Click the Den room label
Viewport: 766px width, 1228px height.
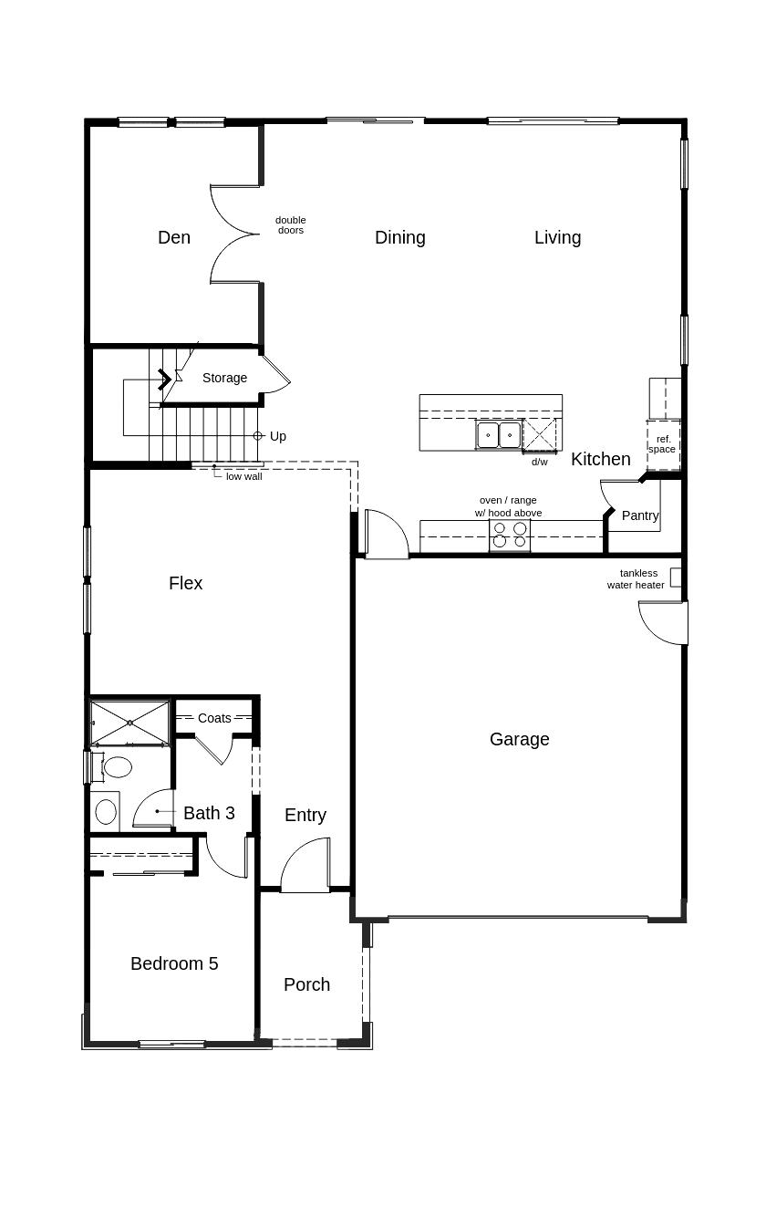174,237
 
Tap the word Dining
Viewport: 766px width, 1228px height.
400,238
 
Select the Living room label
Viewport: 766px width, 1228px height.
558,238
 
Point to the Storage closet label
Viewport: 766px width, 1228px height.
224,378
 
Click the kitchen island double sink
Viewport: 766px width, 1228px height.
499,435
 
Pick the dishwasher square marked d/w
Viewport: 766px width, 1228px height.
540,435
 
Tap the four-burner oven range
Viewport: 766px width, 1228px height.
510,535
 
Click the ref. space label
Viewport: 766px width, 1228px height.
662,444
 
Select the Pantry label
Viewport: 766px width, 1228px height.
640,515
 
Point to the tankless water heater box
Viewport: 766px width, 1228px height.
676,578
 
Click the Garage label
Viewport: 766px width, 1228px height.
520,740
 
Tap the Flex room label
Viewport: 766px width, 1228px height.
186,583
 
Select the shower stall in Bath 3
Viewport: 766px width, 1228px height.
129,723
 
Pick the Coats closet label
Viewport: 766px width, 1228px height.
214,718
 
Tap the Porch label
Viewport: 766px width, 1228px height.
306,985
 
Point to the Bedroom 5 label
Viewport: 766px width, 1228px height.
174,963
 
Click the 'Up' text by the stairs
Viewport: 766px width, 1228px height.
278,436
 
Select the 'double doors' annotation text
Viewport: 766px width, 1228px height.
290,225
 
